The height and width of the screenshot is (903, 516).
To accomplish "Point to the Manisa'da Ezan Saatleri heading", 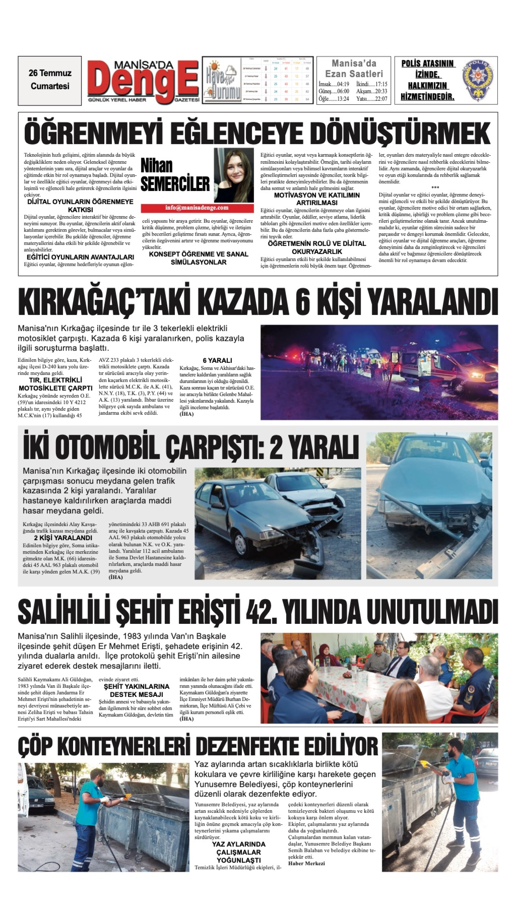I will (354, 68).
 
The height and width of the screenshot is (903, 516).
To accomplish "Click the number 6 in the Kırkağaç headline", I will (302, 302).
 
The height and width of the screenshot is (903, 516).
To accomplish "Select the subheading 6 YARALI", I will (217, 360).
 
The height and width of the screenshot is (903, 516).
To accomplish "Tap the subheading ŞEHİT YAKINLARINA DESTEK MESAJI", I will (136, 690).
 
